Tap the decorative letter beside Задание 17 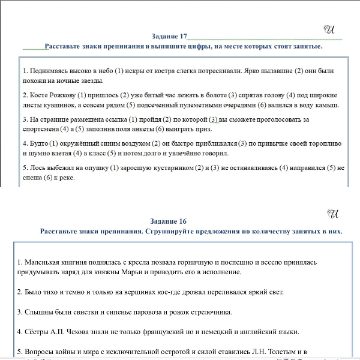328,28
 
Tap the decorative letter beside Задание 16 334,213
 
